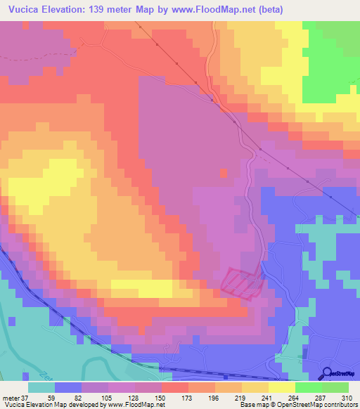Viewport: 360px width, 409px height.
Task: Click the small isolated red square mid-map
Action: click(224, 172)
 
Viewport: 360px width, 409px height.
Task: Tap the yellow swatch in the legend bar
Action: click(281, 387)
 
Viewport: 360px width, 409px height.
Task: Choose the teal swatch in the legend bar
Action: click(41, 387)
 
